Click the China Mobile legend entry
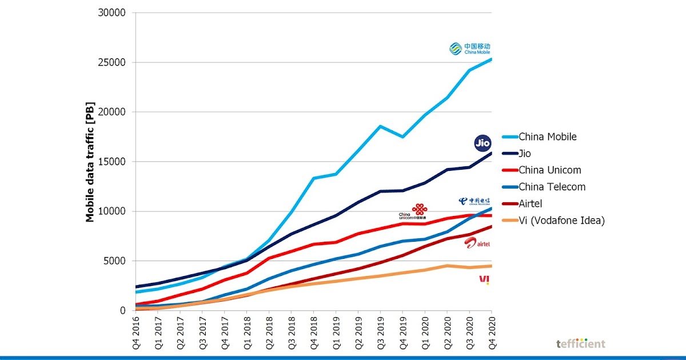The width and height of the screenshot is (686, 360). pos(547,137)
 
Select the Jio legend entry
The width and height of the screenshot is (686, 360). pos(525,154)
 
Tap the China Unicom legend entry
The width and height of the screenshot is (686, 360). pos(549,170)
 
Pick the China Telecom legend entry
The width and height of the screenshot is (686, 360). pos(552,187)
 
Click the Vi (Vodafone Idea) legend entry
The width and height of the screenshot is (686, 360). pos(561,220)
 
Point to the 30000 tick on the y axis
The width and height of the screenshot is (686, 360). pos(117,13)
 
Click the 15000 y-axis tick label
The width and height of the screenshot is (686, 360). pos(117,162)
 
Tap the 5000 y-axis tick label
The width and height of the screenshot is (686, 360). pos(119,261)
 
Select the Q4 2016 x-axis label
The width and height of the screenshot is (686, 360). pos(136,334)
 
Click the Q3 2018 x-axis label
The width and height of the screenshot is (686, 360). pos(292,334)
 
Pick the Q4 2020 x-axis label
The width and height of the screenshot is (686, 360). pos(492,334)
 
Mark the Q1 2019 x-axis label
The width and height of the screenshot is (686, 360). pos(336,334)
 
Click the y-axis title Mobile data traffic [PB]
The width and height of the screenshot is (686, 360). pos(90,162)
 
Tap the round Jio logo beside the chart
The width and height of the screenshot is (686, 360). pos(482,143)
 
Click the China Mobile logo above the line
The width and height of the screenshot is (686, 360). pos(470,49)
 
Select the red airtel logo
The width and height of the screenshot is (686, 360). pos(477,243)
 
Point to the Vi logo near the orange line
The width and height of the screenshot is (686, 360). pos(484,279)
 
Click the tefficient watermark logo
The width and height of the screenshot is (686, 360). pos(580,343)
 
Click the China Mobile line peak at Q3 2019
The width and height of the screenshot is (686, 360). pos(380,126)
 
